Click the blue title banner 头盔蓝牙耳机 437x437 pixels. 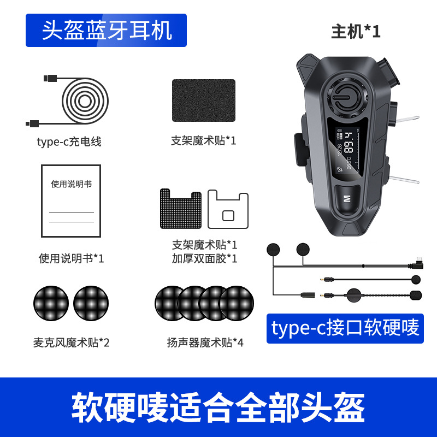pyautogui.click(x=107, y=31)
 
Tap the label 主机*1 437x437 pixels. pyautogui.click(x=356, y=32)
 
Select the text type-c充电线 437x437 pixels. pyautogui.click(x=69, y=142)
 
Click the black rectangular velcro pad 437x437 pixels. pyautogui.click(x=204, y=101)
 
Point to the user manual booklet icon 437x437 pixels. pyautogui.click(x=71, y=200)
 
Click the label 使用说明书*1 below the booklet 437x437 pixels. pyautogui.click(x=71, y=258)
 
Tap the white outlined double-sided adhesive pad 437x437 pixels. pyautogui.click(x=228, y=210)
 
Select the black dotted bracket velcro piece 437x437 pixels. pyautogui.click(x=180, y=209)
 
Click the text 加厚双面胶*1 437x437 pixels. pyautogui.click(x=204, y=258)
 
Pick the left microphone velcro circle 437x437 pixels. pyautogui.click(x=51, y=303)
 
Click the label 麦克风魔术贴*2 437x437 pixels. pyautogui.click(x=71, y=342)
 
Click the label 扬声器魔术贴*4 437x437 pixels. pyautogui.click(x=205, y=342)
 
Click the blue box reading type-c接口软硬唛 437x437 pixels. pyautogui.click(x=345, y=328)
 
